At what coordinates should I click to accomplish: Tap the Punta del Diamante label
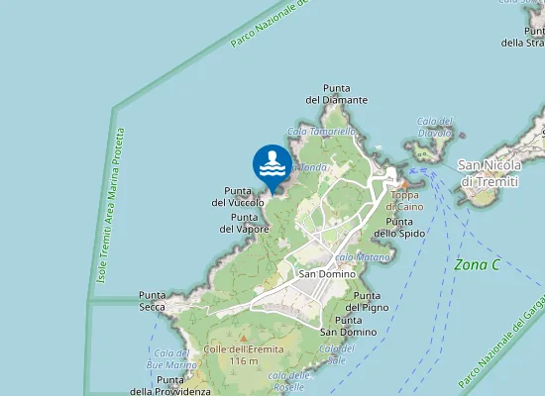337,93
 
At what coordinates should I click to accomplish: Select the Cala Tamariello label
321,131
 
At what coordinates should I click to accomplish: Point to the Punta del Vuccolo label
238,196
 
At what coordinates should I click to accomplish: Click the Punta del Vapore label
245,223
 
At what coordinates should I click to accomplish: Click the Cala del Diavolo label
434,127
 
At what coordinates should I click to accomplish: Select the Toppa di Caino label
405,201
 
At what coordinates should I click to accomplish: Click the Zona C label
477,264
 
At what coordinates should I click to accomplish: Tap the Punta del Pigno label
368,301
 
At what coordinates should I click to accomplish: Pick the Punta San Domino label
348,327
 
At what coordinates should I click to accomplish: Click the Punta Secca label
153,301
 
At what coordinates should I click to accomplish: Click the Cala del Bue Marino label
171,358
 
